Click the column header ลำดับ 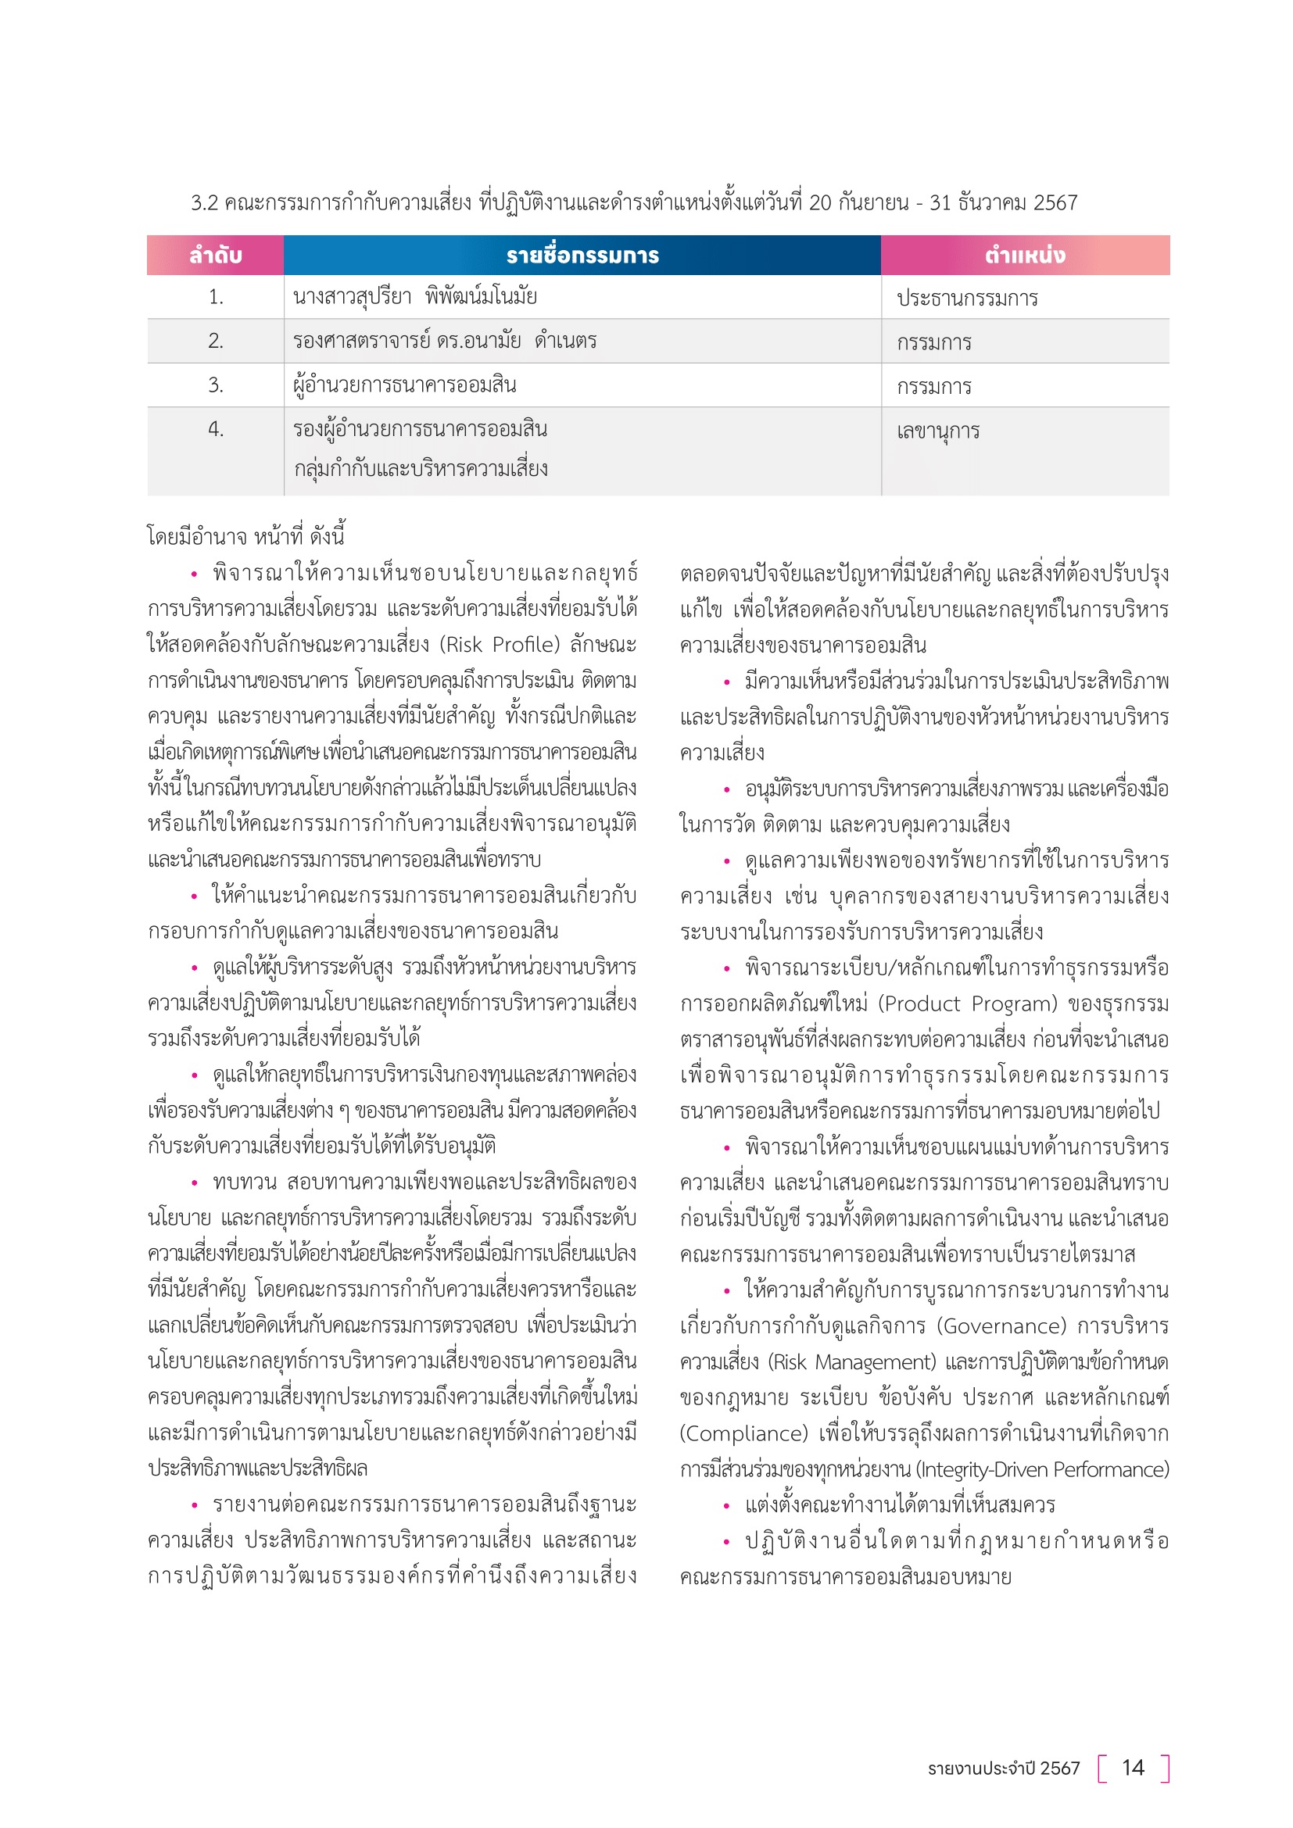[215, 256]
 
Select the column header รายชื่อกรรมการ [582, 256]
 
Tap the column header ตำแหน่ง [1025, 256]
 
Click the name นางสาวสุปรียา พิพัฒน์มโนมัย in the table [415, 297]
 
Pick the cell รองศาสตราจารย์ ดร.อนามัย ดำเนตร [444, 341]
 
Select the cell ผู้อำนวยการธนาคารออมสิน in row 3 [404, 385]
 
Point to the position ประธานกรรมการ [966, 299]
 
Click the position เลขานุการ [938, 431]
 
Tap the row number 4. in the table [215, 429]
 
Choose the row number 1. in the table [215, 297]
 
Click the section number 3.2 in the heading [204, 203]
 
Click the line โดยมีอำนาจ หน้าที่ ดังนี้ [245, 536]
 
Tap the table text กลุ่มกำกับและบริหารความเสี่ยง [421, 469]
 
